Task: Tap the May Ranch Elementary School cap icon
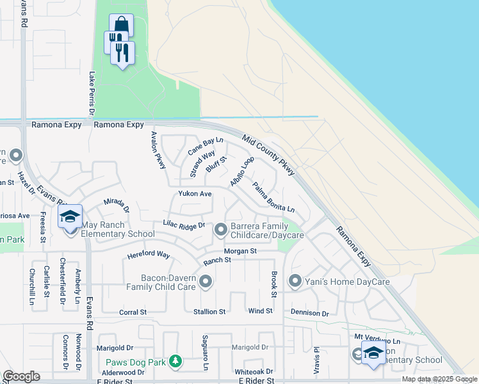pos(70,216)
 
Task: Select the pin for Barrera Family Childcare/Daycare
pos(221,228)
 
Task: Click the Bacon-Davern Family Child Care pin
pos(206,281)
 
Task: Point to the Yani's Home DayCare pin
pos(295,281)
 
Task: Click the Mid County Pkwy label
pos(269,155)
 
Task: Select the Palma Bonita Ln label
pos(273,198)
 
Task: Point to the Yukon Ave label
pos(195,193)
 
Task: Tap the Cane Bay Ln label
pos(205,147)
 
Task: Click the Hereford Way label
pos(149,255)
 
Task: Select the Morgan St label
pos(240,251)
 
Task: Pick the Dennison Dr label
pos(309,314)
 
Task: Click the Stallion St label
pos(209,312)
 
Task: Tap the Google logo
pos(22,376)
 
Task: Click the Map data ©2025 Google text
pos(439,379)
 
